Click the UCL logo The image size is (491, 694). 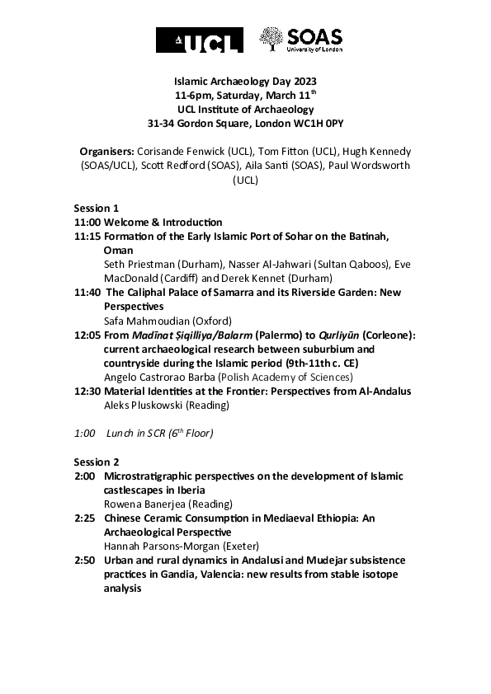[x=200, y=40]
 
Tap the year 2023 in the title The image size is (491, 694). [x=303, y=82]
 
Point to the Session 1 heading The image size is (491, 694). [x=97, y=209]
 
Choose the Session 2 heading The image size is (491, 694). [x=97, y=462]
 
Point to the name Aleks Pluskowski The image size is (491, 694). [x=143, y=405]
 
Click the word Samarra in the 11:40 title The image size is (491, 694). [x=241, y=292]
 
